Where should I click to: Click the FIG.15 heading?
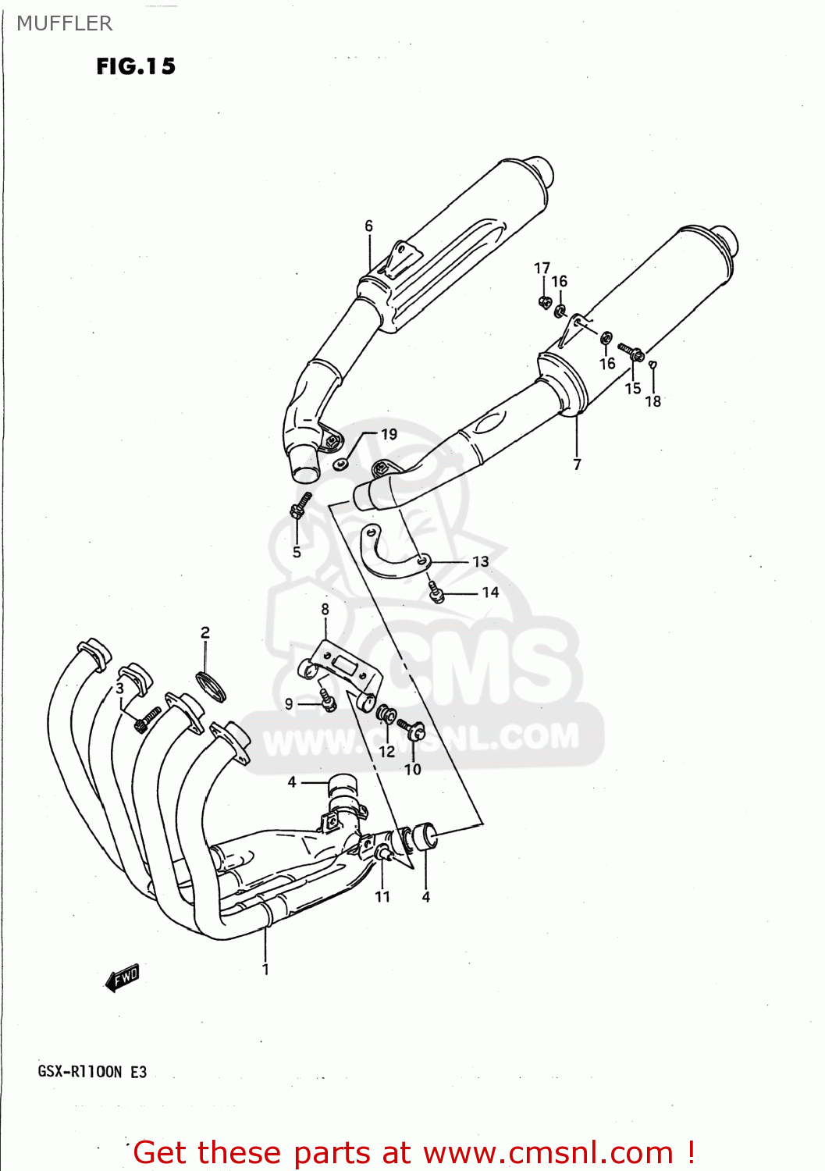[x=136, y=66]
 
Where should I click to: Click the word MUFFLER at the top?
[x=65, y=23]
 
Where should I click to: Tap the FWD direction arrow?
[x=123, y=977]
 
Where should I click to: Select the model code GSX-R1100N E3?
[x=92, y=1072]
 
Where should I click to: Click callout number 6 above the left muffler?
[x=369, y=226]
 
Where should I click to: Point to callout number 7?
[x=577, y=464]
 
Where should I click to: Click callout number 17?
[x=542, y=268]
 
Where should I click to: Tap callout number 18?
[x=653, y=401]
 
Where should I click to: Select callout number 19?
[x=389, y=434]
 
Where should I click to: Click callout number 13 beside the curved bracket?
[x=480, y=561]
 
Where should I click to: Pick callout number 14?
[x=490, y=593]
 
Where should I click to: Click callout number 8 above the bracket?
[x=325, y=609]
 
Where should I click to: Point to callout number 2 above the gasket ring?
[x=205, y=632]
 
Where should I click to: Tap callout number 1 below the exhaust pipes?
[x=265, y=969]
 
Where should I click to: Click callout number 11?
[x=382, y=896]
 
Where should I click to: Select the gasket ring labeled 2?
[x=212, y=685]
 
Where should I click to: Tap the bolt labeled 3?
[x=148, y=718]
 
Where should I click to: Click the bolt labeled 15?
[x=630, y=351]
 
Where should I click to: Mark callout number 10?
[x=412, y=769]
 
